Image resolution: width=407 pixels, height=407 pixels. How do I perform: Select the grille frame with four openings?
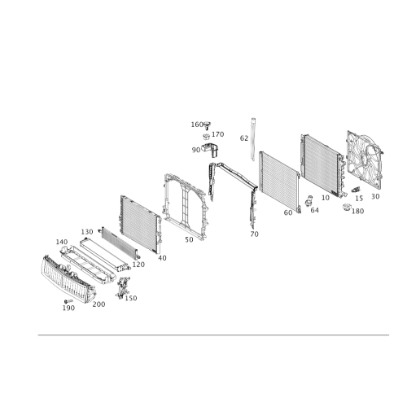[94, 259]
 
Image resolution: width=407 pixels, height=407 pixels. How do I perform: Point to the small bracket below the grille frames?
[124, 287]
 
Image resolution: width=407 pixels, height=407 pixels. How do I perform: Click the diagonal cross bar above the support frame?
[234, 173]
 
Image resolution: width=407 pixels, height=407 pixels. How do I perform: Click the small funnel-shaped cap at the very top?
[208, 125]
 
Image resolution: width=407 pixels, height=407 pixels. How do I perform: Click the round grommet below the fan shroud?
[348, 208]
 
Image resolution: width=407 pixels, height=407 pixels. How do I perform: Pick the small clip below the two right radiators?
[310, 200]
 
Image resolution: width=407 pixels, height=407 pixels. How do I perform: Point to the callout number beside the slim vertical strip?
[243, 139]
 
